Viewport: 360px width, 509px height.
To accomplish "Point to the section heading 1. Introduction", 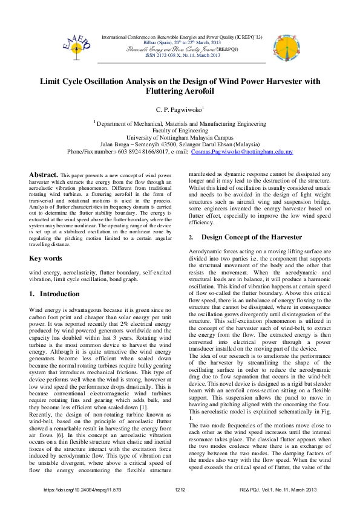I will [53, 293].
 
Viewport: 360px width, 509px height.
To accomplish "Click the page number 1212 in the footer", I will [180, 488].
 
